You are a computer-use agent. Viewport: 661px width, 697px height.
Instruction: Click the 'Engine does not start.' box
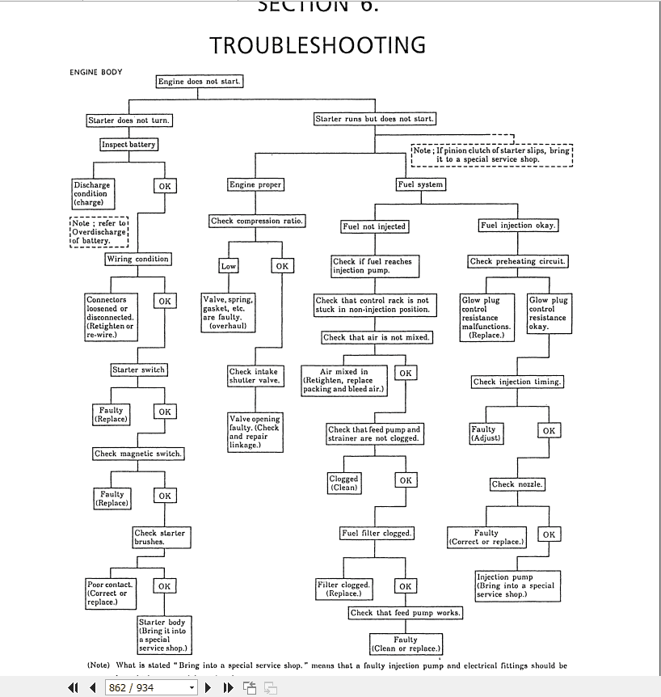199,82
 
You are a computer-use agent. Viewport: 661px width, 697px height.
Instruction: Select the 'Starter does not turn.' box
129,120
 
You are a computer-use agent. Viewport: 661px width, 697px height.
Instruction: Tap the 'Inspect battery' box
128,145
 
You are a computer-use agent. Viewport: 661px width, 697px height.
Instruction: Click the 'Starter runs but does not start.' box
374,119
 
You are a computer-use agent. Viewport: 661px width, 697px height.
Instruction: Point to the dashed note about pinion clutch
491,154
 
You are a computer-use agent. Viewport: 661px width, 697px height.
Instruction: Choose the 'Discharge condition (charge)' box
91,194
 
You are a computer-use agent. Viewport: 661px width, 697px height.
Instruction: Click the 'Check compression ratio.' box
257,221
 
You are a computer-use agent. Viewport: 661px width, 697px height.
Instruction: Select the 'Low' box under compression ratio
229,266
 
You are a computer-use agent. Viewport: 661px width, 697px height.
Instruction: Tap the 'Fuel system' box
420,184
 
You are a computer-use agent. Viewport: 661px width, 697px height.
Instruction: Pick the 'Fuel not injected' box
373,226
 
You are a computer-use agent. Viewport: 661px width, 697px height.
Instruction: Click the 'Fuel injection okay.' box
517,226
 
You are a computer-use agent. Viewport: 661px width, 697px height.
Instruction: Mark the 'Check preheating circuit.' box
517,261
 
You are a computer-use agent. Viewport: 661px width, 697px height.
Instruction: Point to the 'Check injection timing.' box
518,382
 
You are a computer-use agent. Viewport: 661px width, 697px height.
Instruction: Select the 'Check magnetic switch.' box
137,454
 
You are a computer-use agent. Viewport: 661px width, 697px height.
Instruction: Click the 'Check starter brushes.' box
159,538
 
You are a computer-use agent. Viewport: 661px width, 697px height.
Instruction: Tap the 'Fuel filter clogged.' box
377,534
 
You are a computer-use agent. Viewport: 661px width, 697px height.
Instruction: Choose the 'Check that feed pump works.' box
406,613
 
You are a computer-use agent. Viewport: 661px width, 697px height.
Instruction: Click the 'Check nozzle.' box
517,484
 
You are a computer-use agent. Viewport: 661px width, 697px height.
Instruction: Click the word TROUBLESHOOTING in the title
318,44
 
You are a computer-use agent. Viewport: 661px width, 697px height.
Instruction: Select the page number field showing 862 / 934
150,688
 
